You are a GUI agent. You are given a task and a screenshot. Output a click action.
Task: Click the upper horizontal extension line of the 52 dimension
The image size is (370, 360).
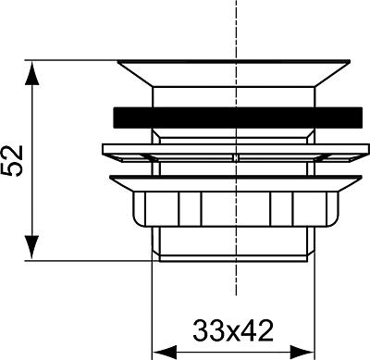pos(74,61)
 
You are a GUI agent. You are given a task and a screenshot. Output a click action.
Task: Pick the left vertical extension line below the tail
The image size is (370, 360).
pos(152,305)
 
